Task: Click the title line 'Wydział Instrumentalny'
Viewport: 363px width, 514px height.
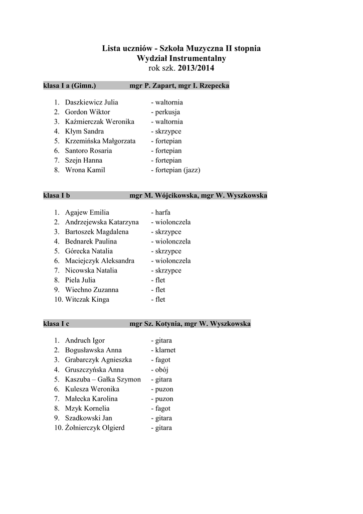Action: point(181,58)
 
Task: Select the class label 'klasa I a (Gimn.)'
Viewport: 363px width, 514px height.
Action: point(70,86)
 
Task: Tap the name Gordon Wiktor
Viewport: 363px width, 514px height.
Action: point(87,112)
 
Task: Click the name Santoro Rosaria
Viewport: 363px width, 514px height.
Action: point(88,151)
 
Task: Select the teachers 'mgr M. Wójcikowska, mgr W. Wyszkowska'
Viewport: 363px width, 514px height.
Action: point(198,195)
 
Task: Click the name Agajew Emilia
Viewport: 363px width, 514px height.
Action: point(87,212)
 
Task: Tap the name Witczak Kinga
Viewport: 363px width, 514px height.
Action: point(87,300)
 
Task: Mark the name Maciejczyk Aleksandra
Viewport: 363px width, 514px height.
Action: point(99,261)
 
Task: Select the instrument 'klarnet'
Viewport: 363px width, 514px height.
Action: point(164,350)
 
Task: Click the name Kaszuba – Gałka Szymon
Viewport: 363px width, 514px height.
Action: point(103,379)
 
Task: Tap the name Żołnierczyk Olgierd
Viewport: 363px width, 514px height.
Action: point(95,428)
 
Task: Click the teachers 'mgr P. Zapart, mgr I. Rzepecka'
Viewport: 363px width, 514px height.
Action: point(179,86)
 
